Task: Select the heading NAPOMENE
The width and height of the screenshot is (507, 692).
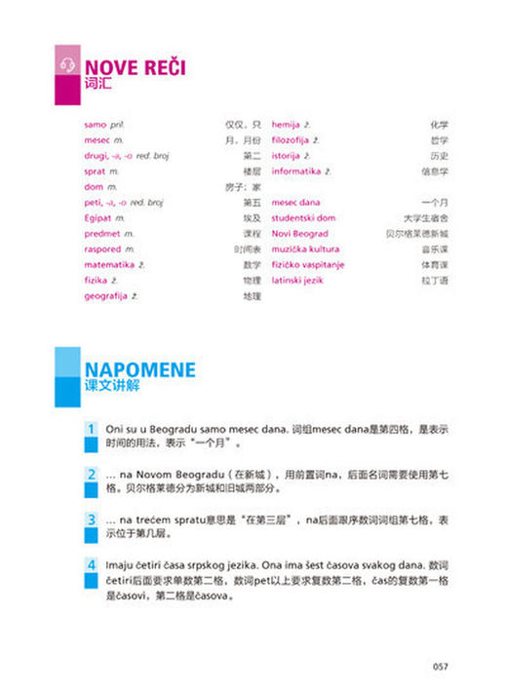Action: coord(139,369)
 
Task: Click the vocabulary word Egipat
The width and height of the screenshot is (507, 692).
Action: coord(99,218)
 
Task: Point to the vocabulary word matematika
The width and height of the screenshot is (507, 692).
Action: coord(108,263)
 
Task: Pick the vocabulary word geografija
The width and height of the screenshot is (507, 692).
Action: coord(106,294)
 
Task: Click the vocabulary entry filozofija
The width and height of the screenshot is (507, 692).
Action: coord(294,140)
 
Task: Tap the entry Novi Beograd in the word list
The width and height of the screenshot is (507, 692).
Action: coord(299,234)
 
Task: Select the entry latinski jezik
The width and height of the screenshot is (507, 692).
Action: coord(298,280)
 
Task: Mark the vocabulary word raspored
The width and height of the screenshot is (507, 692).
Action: coord(103,249)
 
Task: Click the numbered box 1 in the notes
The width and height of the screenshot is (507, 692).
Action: coord(91,430)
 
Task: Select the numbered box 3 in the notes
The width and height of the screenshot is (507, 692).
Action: coord(91,519)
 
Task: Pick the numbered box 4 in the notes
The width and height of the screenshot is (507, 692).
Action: coord(91,564)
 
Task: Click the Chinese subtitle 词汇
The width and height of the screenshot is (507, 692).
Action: coord(98,85)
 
